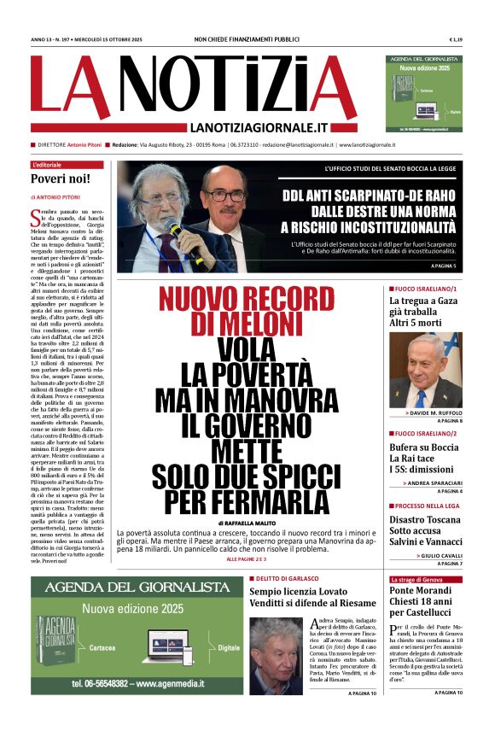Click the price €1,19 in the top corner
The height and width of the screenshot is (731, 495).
pyautogui.click(x=456, y=40)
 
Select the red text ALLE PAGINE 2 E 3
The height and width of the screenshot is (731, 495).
pyautogui.click(x=247, y=558)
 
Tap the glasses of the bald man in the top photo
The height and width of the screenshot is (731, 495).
pyautogui.click(x=225, y=196)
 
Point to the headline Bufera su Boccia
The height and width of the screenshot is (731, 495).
pyautogui.click(x=423, y=447)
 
